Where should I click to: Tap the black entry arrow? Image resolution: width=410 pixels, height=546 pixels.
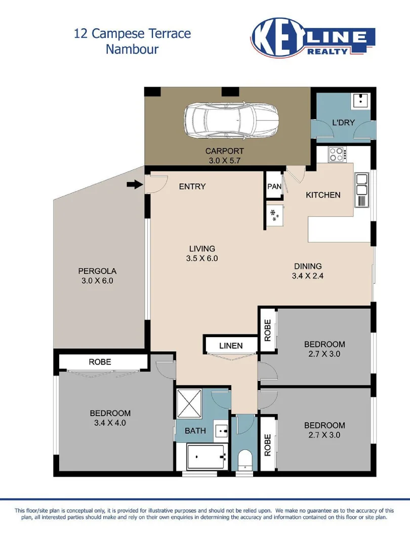point(134,185)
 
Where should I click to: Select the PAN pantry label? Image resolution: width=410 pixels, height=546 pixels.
point(274,187)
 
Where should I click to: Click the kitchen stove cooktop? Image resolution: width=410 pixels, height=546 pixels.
point(336,153)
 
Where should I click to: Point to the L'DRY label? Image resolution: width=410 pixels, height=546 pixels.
point(343,122)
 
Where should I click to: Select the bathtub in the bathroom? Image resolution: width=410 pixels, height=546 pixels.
point(207,457)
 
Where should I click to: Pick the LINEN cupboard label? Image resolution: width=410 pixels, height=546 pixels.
point(231,346)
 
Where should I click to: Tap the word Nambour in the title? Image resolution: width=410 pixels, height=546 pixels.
point(132,49)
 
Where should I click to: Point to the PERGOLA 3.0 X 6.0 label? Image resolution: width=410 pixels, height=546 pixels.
point(97,276)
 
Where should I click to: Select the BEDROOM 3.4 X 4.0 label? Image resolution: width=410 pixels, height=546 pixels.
point(110,418)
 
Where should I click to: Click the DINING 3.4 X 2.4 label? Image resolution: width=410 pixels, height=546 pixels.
point(308,271)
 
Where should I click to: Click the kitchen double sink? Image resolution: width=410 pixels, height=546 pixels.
point(362,184)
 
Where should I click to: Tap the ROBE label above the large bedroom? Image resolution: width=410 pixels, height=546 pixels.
point(100,362)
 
